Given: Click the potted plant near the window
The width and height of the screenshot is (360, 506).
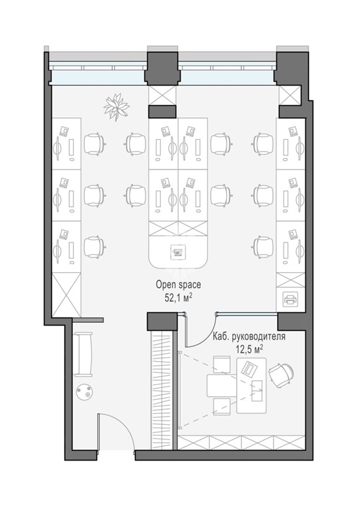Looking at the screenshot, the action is pyautogui.click(x=116, y=107).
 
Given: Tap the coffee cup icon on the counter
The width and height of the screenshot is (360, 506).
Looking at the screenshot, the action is pyautogui.click(x=177, y=252).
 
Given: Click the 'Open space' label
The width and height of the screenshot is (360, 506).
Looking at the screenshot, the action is pyautogui.click(x=178, y=285).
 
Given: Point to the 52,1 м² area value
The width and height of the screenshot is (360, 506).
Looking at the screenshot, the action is pyautogui.click(x=178, y=298).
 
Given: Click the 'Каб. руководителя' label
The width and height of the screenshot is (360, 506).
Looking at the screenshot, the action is pyautogui.click(x=249, y=336).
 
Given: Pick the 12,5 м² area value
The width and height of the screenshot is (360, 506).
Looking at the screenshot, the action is pyautogui.click(x=249, y=349).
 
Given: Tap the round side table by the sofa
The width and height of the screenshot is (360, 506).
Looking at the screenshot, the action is pyautogui.click(x=85, y=392).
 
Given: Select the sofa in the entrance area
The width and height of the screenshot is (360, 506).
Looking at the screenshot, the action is pyautogui.click(x=82, y=354).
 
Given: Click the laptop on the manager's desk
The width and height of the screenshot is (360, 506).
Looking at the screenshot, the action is pyautogui.click(x=250, y=368).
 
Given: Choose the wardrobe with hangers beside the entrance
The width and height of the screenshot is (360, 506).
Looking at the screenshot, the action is pyautogui.click(x=162, y=390).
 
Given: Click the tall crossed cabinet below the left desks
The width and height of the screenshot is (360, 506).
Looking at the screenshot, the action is pyautogui.click(x=66, y=295).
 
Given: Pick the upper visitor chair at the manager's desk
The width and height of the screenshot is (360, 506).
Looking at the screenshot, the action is pyautogui.click(x=222, y=364).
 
